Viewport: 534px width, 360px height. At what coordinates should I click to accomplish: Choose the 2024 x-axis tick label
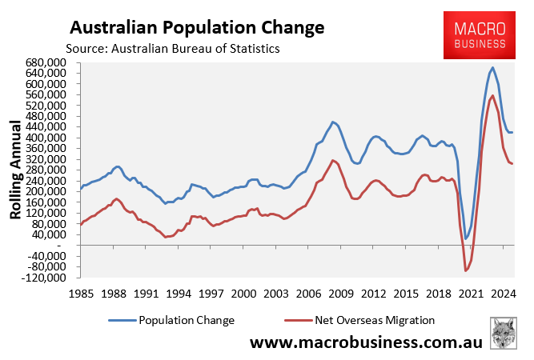[503, 293]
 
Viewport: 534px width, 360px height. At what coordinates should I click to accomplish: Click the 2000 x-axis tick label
[243, 293]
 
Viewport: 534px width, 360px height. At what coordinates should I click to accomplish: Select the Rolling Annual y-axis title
[15, 170]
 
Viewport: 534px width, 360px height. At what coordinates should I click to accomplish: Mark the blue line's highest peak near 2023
[492, 67]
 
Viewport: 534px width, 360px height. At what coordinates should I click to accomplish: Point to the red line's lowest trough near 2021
[466, 271]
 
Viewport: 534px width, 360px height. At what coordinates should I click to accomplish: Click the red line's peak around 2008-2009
[332, 160]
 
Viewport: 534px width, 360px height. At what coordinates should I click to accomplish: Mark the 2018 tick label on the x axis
[438, 293]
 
